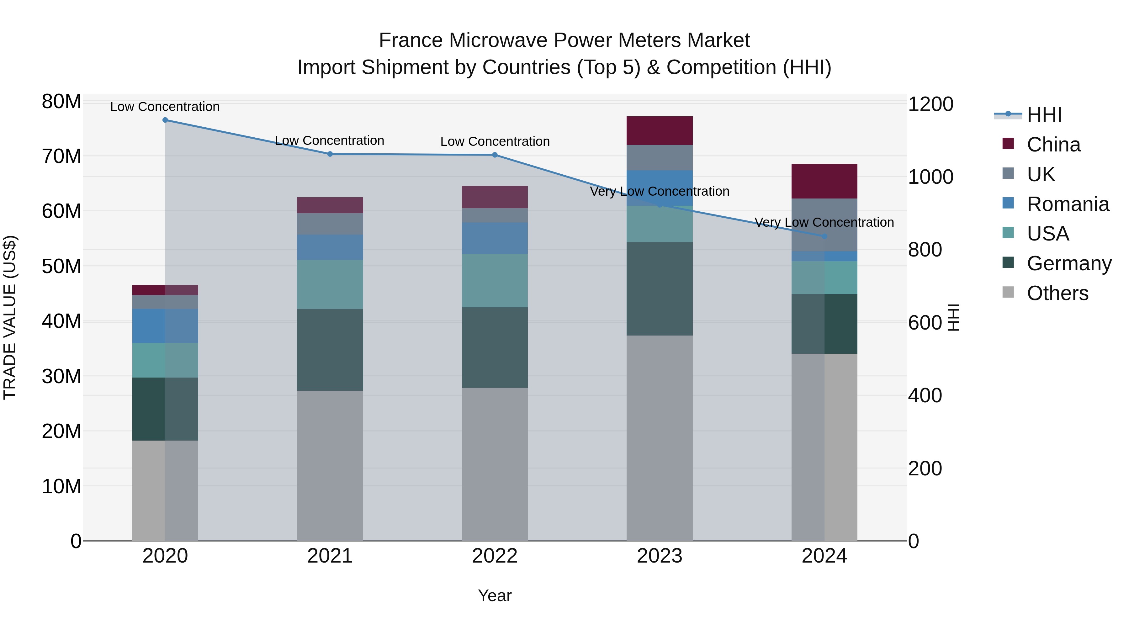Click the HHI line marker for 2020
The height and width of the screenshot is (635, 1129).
165,120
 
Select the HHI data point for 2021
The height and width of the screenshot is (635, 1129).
330,154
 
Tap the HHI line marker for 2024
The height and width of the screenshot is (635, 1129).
824,236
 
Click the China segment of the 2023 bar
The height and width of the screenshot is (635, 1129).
659,130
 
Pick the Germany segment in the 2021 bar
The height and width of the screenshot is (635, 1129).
330,349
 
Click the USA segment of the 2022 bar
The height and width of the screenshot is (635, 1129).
495,280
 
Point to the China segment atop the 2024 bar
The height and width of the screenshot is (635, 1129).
824,182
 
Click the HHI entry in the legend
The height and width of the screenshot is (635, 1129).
1044,115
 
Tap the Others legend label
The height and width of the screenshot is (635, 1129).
1057,293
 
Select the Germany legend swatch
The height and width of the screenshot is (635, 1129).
1008,263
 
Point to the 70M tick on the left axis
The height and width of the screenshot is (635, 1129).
61,156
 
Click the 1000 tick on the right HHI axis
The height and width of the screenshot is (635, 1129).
930,177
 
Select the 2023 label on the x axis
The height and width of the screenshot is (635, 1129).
659,556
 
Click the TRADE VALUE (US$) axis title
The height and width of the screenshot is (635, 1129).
10,317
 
